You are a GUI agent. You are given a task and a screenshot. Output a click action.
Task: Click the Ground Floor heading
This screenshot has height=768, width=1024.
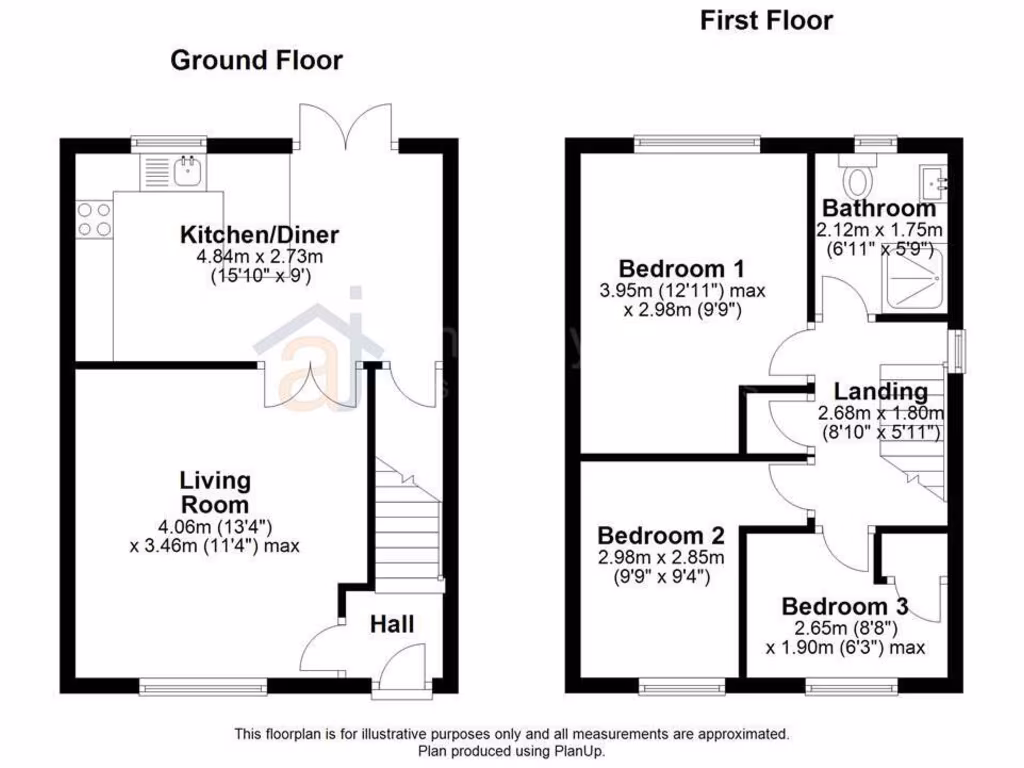(x=256, y=60)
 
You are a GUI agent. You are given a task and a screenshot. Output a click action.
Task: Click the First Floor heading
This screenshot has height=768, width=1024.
(x=766, y=20)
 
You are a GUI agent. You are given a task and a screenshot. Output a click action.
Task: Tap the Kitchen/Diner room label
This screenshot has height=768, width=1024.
(x=259, y=236)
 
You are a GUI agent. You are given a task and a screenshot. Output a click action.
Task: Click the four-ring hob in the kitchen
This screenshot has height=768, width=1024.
(x=93, y=220)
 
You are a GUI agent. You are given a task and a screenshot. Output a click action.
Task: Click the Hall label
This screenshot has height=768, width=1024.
(x=392, y=625)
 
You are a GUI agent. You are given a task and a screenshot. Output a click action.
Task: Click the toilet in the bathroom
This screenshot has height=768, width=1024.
(x=857, y=180)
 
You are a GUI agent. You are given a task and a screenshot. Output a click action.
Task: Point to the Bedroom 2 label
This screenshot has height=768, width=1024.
(x=661, y=535)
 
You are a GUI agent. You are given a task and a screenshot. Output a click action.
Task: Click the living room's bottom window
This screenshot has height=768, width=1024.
(x=203, y=686)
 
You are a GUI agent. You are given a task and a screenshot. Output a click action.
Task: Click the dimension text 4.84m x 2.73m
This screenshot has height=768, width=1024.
(x=259, y=258)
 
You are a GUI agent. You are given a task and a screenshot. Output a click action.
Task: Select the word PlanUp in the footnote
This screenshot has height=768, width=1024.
(x=579, y=750)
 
